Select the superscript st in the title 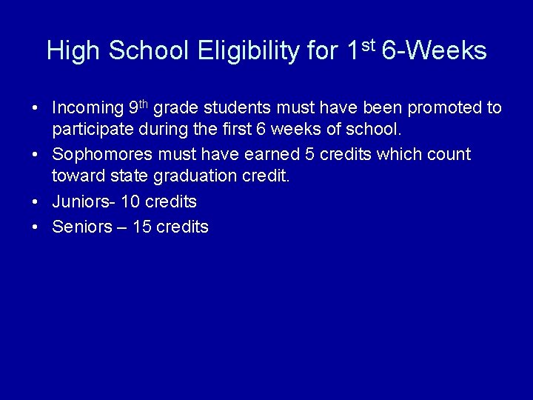pos(369,46)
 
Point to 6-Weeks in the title pos(435,51)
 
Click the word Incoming pos(87,108)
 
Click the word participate pos(89,130)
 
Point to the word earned pos(273,155)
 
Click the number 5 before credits pos(309,155)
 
